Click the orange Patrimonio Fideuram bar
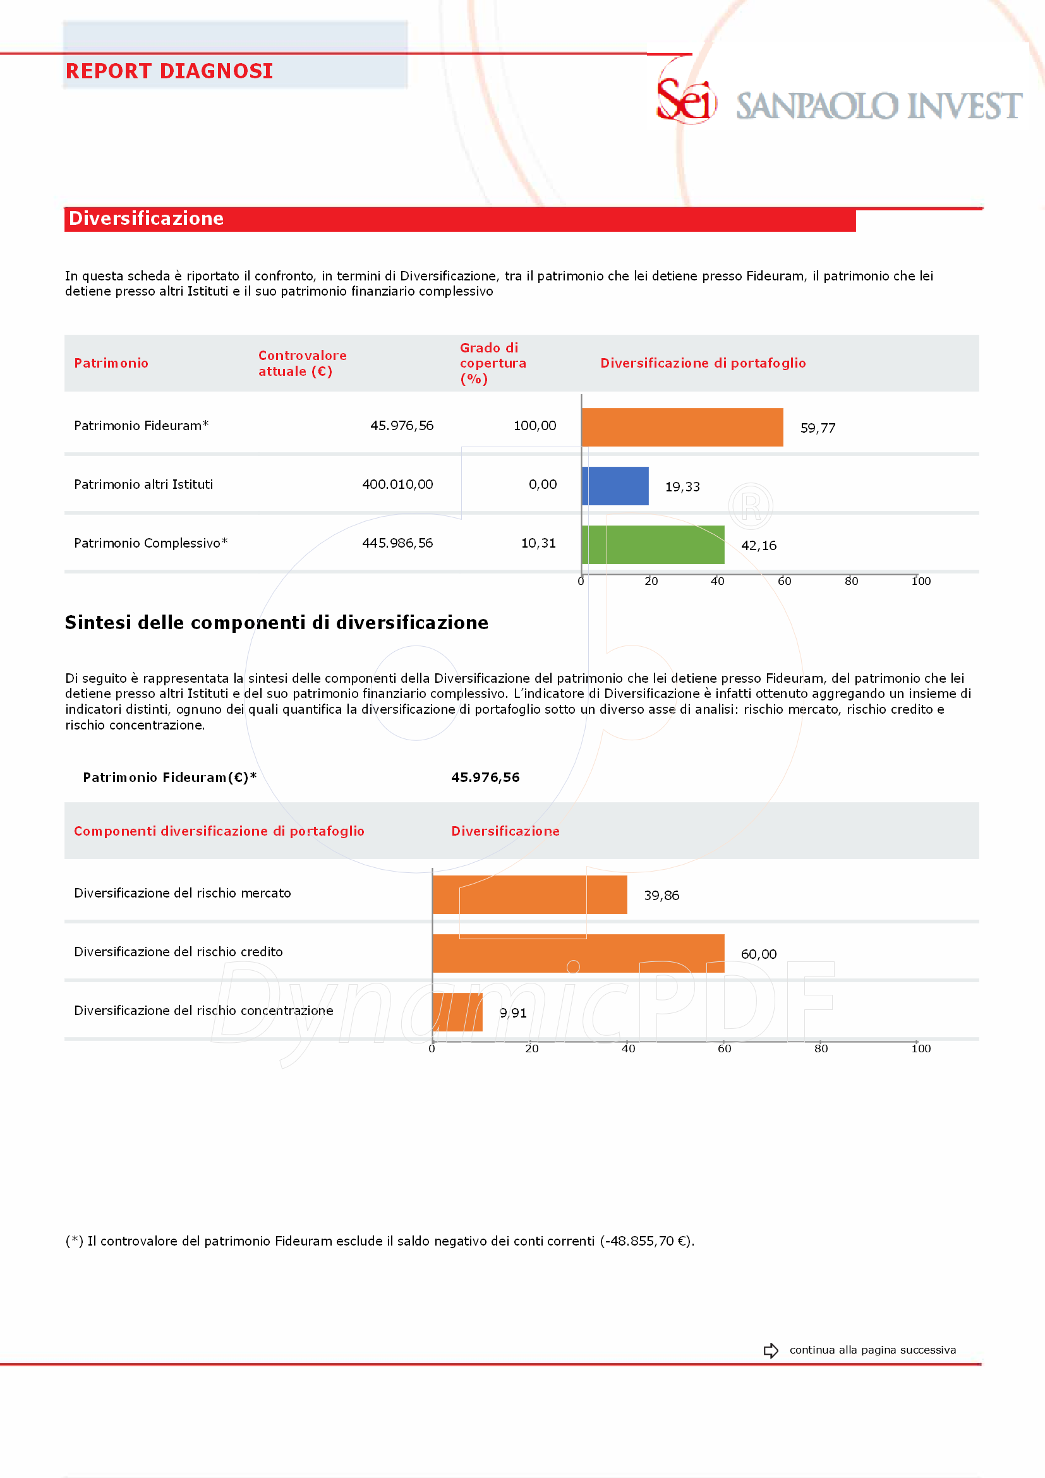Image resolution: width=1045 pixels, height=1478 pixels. point(682,427)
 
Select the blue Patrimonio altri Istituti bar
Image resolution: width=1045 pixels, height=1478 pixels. point(615,486)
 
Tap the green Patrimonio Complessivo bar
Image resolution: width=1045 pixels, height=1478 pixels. point(653,544)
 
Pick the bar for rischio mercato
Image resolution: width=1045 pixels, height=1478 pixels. point(530,894)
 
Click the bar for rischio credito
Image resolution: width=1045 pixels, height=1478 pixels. point(579,952)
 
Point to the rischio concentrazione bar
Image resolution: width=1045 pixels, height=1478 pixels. point(458,1012)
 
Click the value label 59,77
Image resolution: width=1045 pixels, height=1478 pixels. point(818,428)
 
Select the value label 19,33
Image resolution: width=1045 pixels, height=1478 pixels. point(682,486)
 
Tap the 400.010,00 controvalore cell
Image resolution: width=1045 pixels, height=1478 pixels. point(397,484)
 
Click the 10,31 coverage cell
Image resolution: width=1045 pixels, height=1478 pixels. point(538,543)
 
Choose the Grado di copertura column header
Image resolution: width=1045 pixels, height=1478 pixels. point(493,363)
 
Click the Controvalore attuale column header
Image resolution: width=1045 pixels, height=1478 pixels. point(302,363)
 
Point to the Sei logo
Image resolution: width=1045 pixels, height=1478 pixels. point(686,100)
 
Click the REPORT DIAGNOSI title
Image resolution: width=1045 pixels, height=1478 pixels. point(169,71)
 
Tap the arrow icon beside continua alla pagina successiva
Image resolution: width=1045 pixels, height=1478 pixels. point(771,1350)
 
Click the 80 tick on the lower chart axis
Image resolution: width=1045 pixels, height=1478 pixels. point(821,1048)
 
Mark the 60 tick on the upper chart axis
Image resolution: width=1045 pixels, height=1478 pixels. point(784,581)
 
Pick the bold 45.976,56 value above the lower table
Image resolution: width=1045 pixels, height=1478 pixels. point(485,777)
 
